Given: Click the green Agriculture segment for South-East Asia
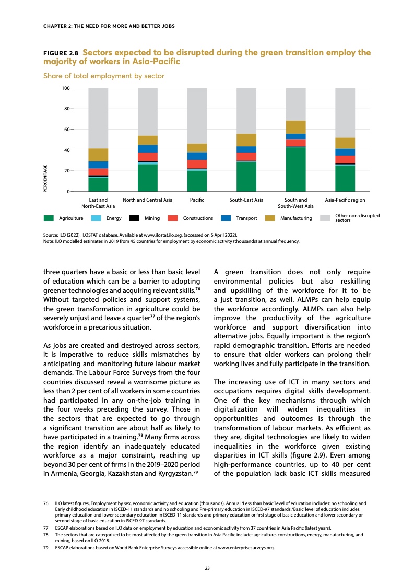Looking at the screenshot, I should (246, 177).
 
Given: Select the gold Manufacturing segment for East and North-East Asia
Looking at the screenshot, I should (98, 155).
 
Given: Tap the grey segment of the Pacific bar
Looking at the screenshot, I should (197, 115).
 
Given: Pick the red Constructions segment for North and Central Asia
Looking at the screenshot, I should (147, 157).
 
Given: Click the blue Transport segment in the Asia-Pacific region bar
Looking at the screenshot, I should (345, 152).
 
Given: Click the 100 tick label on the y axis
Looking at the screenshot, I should (65, 88).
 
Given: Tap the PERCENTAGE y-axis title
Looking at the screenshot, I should (45, 178).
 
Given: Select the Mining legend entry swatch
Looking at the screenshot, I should (134, 218).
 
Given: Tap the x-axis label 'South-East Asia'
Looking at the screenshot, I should (246, 200).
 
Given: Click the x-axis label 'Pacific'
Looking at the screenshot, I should (197, 200).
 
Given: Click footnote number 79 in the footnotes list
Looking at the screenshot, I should (45, 548).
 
